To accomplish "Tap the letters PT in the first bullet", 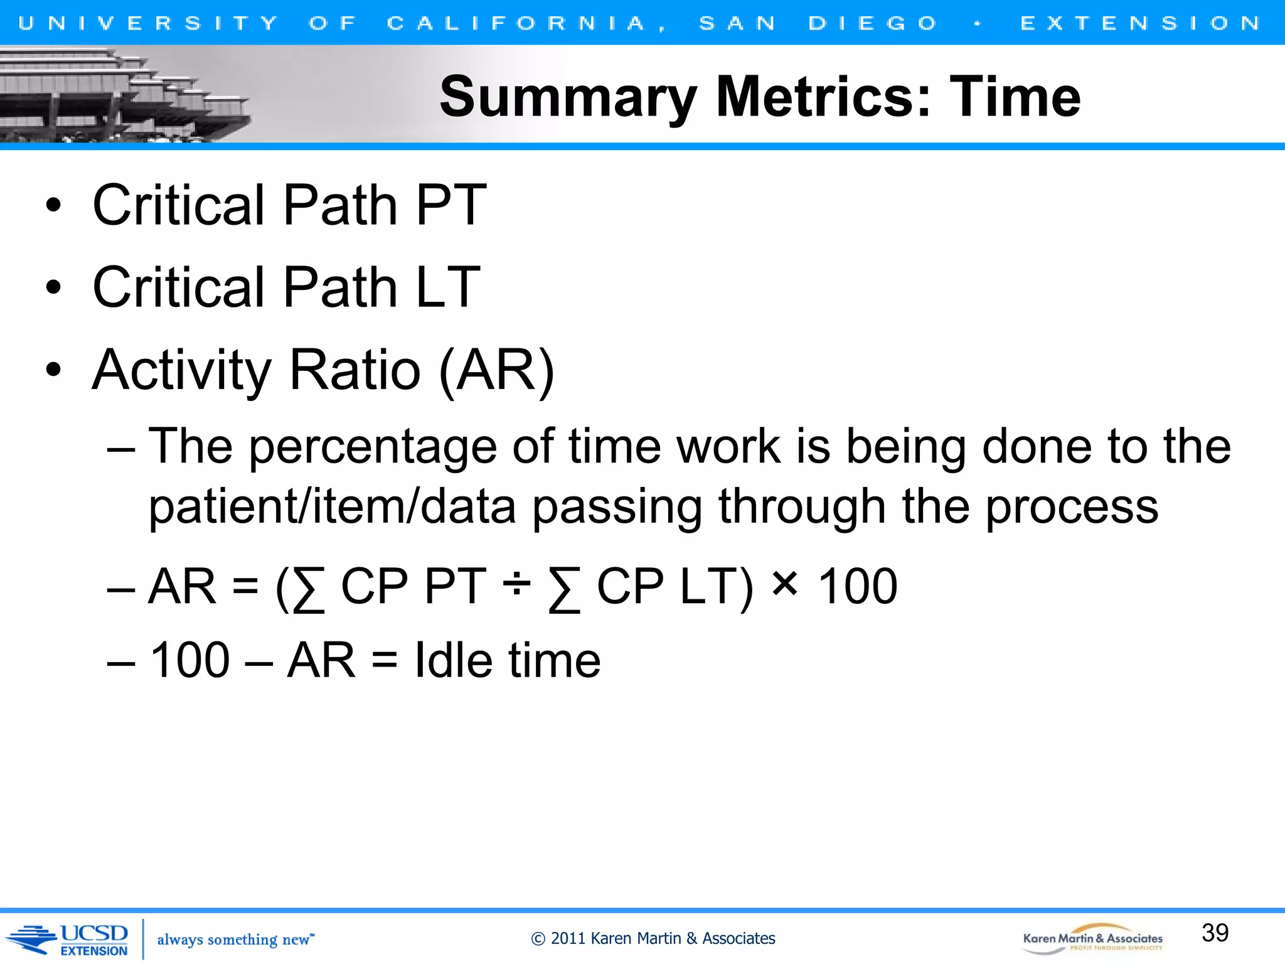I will tap(451, 205).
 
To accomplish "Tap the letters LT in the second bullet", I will tap(447, 287).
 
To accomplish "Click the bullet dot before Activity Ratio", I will tap(54, 370).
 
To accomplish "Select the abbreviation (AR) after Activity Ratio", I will tap(496, 370).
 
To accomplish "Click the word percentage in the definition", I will tap(373, 447).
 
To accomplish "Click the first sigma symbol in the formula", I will tap(309, 589).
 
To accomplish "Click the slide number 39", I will tap(1215, 933).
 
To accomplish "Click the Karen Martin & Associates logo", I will tap(1092, 938).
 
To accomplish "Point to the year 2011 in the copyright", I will tap(568, 938).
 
